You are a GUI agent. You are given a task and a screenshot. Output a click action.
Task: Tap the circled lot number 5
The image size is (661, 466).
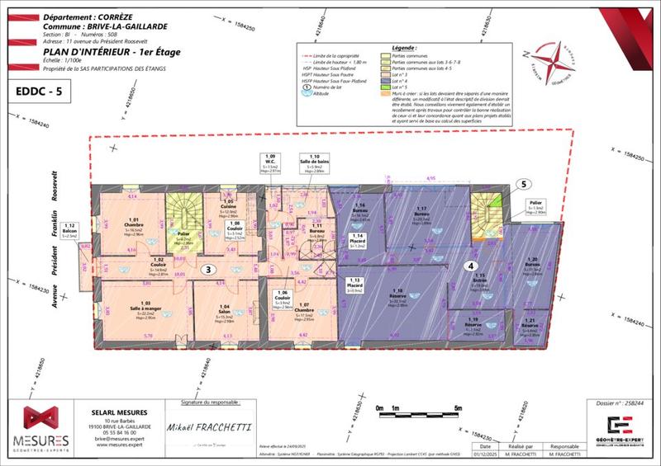[x=522, y=185]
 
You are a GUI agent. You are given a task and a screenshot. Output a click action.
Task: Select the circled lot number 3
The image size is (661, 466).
[x=210, y=268]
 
